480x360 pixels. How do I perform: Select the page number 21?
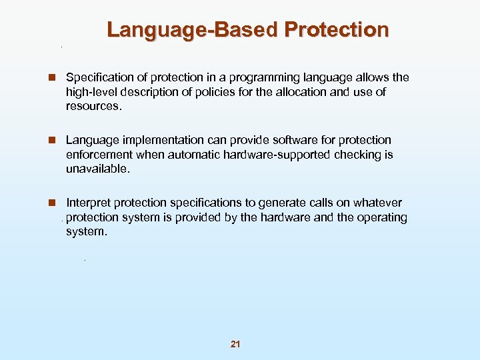pyautogui.click(x=235, y=344)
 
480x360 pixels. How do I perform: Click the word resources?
pyautogui.click(x=94, y=107)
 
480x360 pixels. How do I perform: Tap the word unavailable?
pyautogui.click(x=98, y=169)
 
